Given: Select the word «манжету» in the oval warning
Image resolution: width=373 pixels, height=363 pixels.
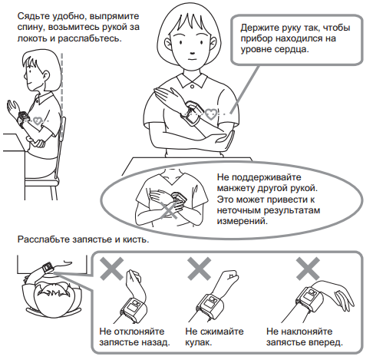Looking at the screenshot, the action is (x=236, y=189).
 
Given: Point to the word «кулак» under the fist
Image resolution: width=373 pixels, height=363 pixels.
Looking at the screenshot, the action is (x=198, y=342).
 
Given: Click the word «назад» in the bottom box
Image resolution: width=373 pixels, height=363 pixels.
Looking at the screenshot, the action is (x=156, y=342).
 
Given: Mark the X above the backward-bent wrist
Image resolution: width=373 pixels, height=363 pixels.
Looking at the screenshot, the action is (x=111, y=269).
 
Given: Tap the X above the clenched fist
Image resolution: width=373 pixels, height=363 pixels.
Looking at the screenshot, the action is (x=200, y=269).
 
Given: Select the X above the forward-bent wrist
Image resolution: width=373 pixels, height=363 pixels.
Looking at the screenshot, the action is (x=308, y=269).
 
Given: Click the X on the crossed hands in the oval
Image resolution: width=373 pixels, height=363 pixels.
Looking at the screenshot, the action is (x=169, y=210).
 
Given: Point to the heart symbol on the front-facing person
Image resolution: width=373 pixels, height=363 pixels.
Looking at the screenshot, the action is (x=211, y=114).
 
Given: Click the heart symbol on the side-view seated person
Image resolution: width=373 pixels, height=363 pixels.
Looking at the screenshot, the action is (x=38, y=120).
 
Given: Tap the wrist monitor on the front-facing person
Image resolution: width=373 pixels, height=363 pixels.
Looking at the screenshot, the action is (x=192, y=113).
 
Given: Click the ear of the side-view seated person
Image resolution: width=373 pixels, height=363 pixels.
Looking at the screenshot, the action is (x=46, y=76).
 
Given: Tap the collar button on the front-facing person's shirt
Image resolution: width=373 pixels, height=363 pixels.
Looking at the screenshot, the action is (x=193, y=87).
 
